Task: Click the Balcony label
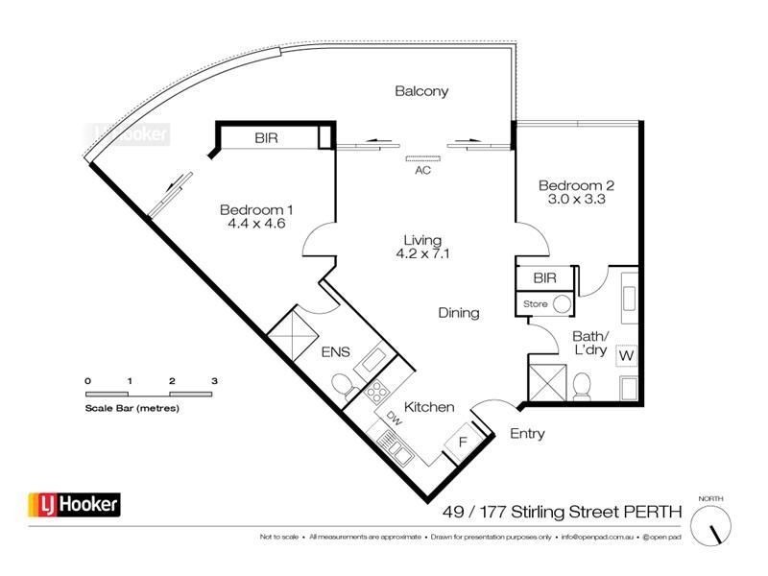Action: pyautogui.click(x=421, y=91)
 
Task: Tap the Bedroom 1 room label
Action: pyautogui.click(x=256, y=210)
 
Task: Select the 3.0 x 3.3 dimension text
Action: pyautogui.click(x=575, y=201)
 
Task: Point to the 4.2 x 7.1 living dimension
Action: pyautogui.click(x=422, y=255)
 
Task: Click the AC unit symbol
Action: pyautogui.click(x=421, y=158)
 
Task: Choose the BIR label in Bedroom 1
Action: pyautogui.click(x=267, y=139)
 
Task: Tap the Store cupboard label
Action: pyautogui.click(x=535, y=305)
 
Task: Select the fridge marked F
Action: pyautogui.click(x=462, y=444)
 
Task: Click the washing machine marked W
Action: pyautogui.click(x=627, y=356)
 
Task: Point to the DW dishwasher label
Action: pyautogui.click(x=395, y=419)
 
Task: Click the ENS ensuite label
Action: pyautogui.click(x=335, y=351)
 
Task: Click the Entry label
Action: pyautogui.click(x=527, y=434)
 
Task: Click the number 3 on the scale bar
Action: pyautogui.click(x=214, y=382)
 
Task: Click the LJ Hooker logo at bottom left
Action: pyautogui.click(x=73, y=503)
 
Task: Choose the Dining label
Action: pyautogui.click(x=458, y=313)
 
